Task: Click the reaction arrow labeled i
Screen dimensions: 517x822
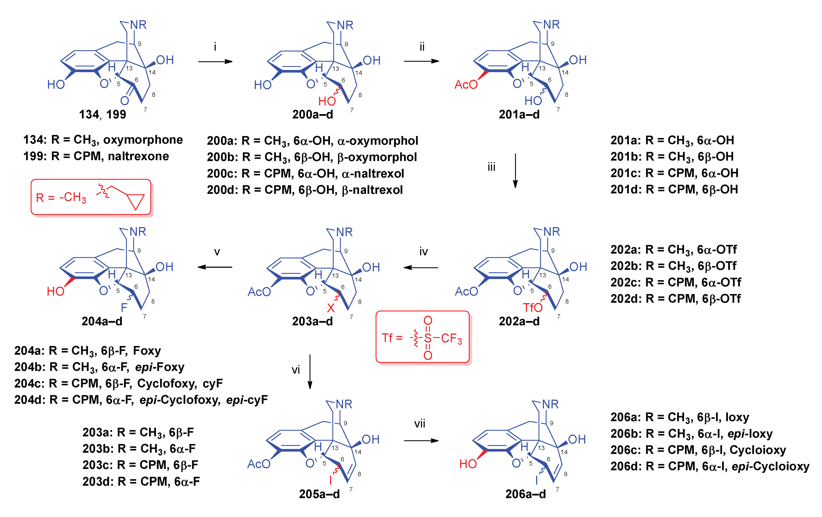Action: pos(215,62)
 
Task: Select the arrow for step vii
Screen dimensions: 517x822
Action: pos(421,441)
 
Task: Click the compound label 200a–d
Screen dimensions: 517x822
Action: pos(312,114)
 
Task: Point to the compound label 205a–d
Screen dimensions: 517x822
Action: pos(319,494)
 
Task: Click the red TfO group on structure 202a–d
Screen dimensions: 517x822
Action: pos(532,308)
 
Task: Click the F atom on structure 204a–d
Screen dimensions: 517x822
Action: pos(124,307)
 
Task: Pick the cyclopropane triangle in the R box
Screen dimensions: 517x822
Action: pos(136,201)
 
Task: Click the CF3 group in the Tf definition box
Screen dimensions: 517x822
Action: pos(451,338)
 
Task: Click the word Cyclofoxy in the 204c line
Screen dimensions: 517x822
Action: pos(167,384)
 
